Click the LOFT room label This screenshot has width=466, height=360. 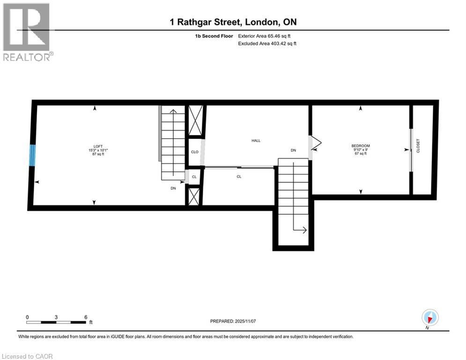tap(97, 146)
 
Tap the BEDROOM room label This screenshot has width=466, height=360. tap(361, 146)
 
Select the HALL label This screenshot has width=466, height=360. tap(256, 141)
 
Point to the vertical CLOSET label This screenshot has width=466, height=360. tap(418, 146)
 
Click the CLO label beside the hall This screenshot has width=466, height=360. tap(195, 152)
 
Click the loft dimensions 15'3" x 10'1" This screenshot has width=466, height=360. tap(97, 150)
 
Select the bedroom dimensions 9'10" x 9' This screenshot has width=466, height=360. tap(361, 150)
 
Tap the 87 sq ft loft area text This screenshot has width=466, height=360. tap(97, 154)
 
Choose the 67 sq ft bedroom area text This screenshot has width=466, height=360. tap(361, 154)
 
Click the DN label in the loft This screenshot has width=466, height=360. tap(173, 188)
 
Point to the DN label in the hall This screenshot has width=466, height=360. tap(294, 150)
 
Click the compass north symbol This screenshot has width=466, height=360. tap(429, 318)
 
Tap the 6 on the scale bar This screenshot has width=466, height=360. tap(86, 317)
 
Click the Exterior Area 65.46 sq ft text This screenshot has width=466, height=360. tap(267, 36)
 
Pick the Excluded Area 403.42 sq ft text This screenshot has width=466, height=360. tap(267, 43)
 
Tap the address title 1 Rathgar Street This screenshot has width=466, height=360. tap(233, 22)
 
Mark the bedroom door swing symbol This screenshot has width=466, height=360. tap(315, 143)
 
